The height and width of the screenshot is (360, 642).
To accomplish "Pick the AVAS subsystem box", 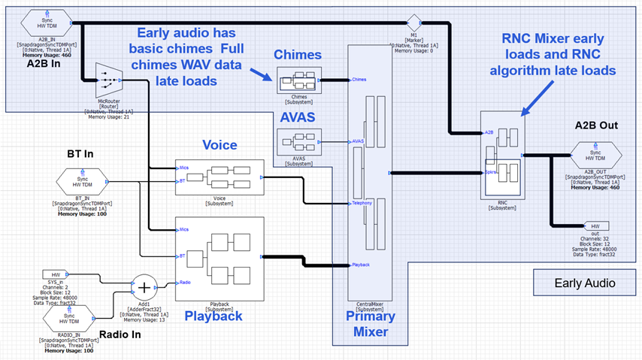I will [298, 141].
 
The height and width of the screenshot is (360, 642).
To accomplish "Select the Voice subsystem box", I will [220, 177].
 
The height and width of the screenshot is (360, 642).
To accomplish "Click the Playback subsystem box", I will [220, 260].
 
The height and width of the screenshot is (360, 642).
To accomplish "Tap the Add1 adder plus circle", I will [144, 288].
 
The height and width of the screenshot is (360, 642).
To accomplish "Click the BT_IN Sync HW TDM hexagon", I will [83, 181].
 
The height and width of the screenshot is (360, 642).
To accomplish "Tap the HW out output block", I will [595, 225].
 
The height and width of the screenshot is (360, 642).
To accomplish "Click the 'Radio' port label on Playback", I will [186, 283].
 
